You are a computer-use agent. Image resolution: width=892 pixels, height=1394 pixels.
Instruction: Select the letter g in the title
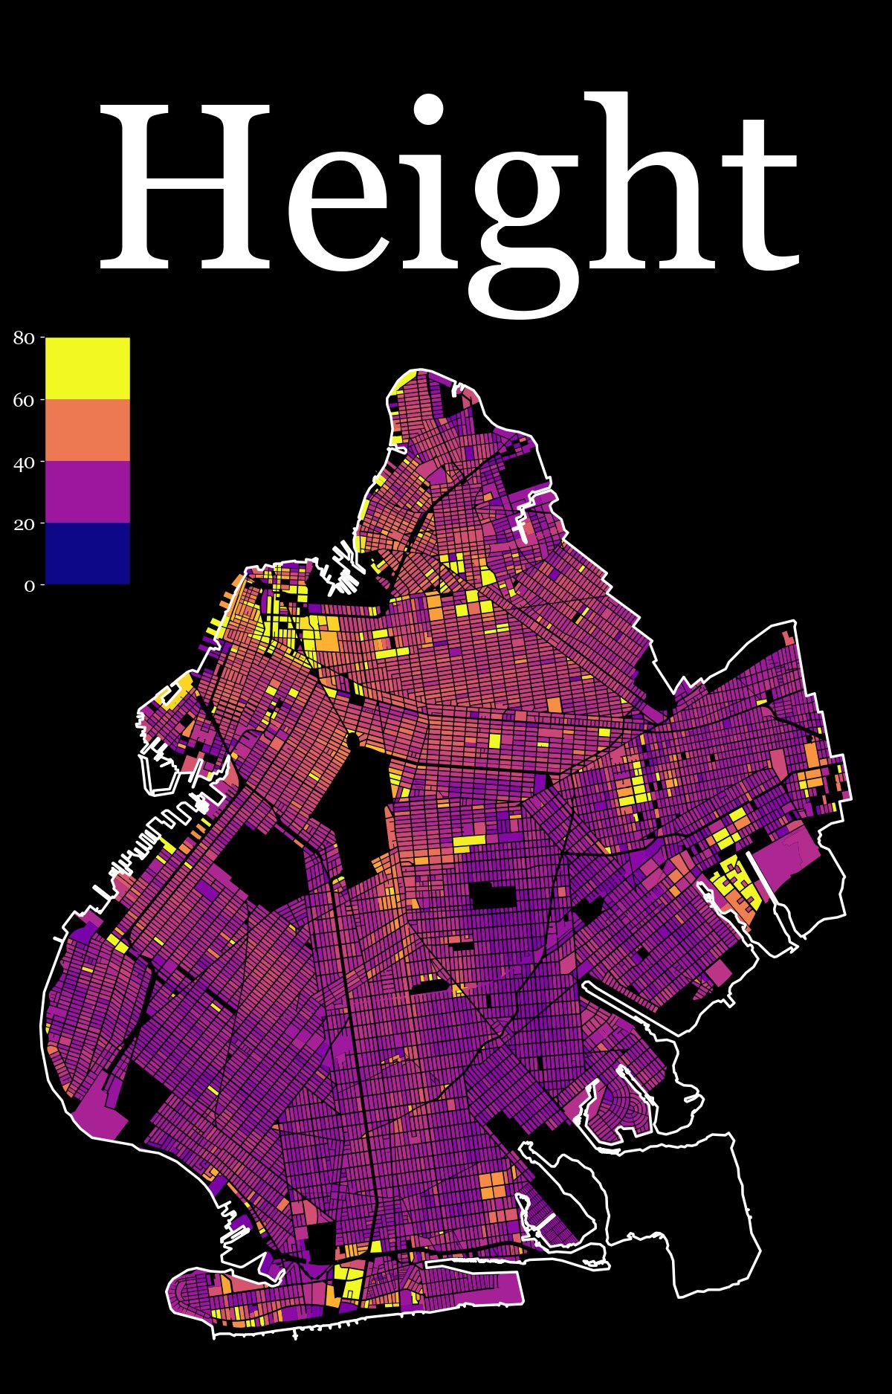(x=520, y=223)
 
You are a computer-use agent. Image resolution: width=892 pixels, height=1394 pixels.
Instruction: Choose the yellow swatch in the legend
(x=88, y=368)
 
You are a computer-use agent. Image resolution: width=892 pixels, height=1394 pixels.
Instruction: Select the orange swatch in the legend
(x=88, y=430)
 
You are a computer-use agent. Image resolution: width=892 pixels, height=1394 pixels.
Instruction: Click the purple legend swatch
(x=88, y=491)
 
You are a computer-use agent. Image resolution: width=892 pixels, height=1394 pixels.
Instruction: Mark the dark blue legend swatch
(x=88, y=553)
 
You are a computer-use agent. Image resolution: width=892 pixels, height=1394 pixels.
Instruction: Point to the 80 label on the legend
(x=24, y=338)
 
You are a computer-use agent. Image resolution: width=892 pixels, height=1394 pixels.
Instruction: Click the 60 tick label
(x=24, y=401)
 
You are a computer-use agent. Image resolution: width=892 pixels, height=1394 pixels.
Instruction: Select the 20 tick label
(x=24, y=524)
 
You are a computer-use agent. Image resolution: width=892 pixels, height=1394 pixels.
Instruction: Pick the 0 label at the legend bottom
(x=30, y=586)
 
